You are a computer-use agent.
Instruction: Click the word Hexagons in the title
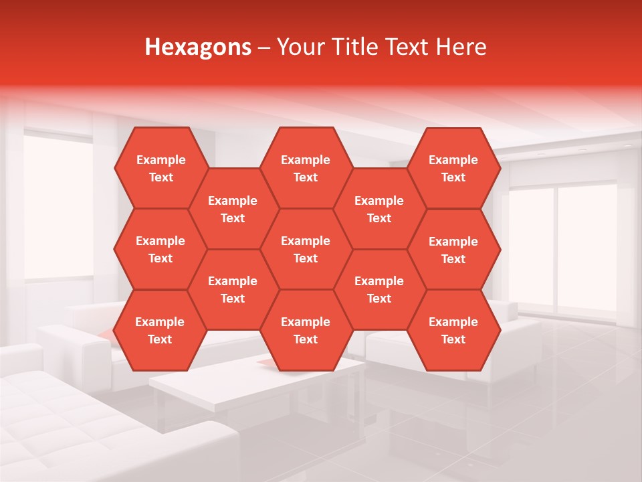198,47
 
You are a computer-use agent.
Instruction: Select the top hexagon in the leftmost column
160,168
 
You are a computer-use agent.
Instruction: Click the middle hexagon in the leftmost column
160,249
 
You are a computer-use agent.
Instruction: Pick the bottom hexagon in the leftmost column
160,330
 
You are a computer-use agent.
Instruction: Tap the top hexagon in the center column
306,168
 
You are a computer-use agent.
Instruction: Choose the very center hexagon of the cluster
306,249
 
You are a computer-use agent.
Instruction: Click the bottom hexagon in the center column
306,330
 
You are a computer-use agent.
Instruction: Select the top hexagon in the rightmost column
453,168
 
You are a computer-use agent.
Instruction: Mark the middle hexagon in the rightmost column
453,250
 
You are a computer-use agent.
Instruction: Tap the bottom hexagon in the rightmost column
453,330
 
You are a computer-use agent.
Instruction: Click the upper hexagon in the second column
233,209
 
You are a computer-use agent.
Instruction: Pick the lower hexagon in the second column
233,289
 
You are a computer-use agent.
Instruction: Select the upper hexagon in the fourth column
379,209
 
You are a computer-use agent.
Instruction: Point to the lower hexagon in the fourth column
379,289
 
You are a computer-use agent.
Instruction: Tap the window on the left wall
57,208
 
